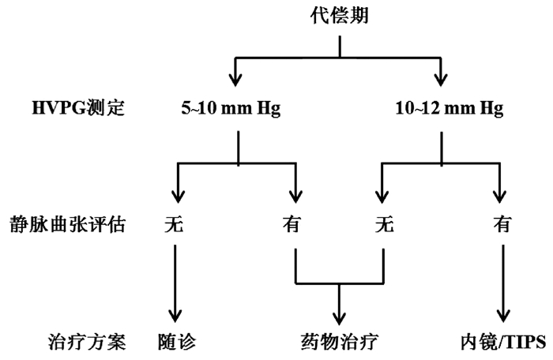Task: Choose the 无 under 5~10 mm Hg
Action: [x=174, y=225]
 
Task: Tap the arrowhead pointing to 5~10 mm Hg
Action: [x=235, y=77]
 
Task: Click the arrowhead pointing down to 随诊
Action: [x=174, y=314]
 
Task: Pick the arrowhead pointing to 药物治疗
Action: [x=340, y=314]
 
